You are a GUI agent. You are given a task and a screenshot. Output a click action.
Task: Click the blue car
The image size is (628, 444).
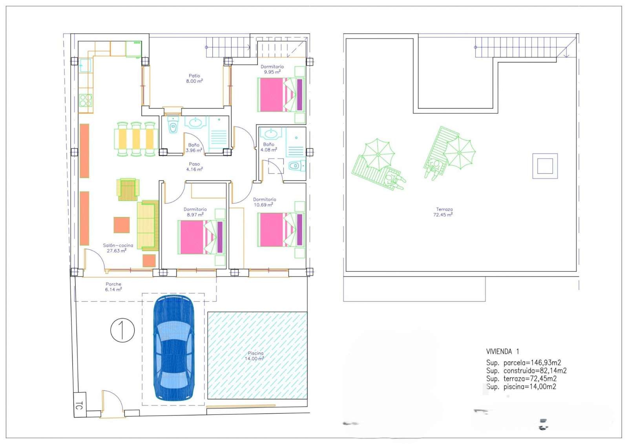point(174,348)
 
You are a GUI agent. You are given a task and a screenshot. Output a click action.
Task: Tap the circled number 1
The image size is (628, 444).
point(122,330)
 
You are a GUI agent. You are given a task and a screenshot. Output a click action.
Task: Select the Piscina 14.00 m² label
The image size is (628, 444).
point(255,356)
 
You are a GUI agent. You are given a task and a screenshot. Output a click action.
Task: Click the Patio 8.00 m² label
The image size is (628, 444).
point(194,78)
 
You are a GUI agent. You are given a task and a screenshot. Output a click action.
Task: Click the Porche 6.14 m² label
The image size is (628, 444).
point(113,287)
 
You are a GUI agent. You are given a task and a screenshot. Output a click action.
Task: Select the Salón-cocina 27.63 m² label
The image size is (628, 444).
point(118,248)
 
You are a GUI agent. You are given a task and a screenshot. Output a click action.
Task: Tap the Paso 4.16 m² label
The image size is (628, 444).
point(194,166)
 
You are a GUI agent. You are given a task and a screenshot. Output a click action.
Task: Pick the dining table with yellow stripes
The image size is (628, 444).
point(136,139)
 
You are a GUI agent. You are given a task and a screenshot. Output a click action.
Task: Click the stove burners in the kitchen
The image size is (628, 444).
point(86,100)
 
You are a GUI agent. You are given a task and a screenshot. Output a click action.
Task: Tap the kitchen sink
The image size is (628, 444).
point(85,65)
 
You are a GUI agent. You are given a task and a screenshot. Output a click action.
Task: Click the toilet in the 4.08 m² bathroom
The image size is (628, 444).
point(297,166)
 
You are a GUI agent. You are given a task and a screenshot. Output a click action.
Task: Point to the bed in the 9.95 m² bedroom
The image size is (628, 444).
point(281,95)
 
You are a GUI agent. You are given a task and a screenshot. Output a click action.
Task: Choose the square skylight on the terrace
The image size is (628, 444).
point(545,166)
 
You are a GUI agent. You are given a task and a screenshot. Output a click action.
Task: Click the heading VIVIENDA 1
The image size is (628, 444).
point(502,351)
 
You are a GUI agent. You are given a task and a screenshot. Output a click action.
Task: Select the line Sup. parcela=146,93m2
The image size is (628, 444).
point(524,363)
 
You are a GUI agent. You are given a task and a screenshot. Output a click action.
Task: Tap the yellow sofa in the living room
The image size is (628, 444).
point(148,225)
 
